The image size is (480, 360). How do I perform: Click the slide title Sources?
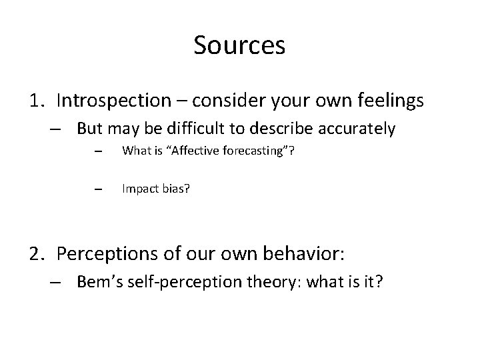coord(239,45)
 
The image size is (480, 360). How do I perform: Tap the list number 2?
coord(37,253)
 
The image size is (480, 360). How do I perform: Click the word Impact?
coord(138,189)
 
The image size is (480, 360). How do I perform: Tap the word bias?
coord(174,189)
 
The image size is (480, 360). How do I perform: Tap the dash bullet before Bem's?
coord(61,282)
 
